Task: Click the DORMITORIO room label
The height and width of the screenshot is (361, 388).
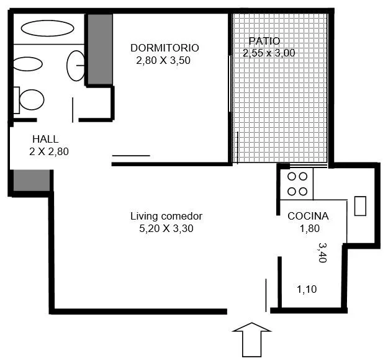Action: tap(165, 48)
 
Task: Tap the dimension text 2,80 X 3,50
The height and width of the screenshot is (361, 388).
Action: tap(163, 60)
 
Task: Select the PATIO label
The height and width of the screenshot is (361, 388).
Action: tap(264, 41)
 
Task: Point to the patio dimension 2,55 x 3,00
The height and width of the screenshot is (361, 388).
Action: tap(269, 53)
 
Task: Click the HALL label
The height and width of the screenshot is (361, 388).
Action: tap(45, 139)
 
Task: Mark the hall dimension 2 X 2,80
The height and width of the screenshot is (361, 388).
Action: tap(49, 151)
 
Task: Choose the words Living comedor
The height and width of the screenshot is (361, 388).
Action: tap(166, 216)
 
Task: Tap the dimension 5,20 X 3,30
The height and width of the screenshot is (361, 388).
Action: tap(166, 228)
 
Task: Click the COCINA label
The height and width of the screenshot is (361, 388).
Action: tap(308, 216)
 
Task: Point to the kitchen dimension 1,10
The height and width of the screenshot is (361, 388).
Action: tap(307, 289)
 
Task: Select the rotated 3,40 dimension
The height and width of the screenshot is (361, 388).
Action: tap(322, 252)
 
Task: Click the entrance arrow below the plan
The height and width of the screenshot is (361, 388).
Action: tap(251, 339)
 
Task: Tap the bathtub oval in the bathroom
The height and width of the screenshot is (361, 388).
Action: tap(48, 28)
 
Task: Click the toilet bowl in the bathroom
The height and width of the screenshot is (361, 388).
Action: tap(32, 100)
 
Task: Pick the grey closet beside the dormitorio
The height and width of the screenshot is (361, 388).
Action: tap(100, 49)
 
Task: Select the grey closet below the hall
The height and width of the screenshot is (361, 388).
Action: tap(32, 180)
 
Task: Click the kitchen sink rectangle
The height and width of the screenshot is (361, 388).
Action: tap(360, 206)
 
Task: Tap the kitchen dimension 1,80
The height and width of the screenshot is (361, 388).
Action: tap(310, 228)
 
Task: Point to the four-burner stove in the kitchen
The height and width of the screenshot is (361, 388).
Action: tap(297, 184)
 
